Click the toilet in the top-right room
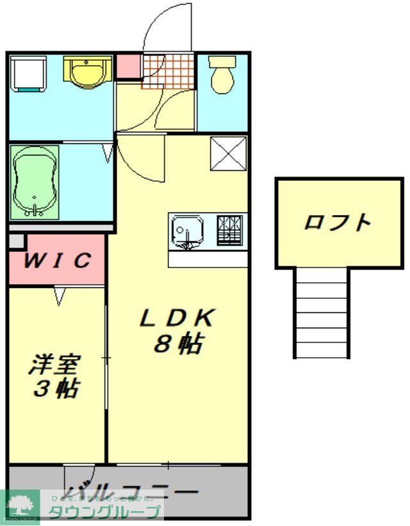click(222, 75)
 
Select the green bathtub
click(35, 182)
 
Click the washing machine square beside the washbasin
click(29, 73)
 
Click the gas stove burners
click(230, 230)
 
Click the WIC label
click(57, 260)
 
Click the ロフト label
click(338, 222)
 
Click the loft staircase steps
click(322, 314)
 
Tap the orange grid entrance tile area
click(168, 70)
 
